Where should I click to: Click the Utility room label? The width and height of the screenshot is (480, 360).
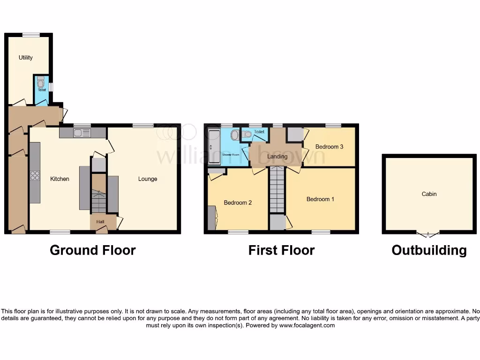click(25, 58)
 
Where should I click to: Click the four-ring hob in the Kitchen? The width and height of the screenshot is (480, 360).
click(35, 175)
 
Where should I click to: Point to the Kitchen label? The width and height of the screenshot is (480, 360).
click(60, 179)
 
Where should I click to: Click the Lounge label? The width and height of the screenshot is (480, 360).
click(147, 179)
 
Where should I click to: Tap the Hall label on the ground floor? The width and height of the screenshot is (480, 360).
click(100, 221)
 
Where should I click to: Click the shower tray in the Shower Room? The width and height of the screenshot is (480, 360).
click(214, 147)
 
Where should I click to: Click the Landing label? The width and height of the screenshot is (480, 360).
click(277, 157)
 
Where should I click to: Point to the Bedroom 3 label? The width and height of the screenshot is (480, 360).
click(329, 147)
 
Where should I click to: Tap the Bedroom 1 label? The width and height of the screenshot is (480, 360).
click(320, 199)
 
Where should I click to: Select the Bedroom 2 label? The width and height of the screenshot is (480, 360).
click(238, 203)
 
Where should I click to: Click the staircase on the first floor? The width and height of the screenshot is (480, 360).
click(277, 190)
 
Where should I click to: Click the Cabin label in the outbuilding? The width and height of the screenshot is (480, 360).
click(429, 194)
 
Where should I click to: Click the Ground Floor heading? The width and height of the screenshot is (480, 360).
click(92, 250)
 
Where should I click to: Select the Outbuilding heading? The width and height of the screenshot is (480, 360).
click(429, 250)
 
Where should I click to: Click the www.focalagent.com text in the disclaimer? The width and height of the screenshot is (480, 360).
click(307, 325)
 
